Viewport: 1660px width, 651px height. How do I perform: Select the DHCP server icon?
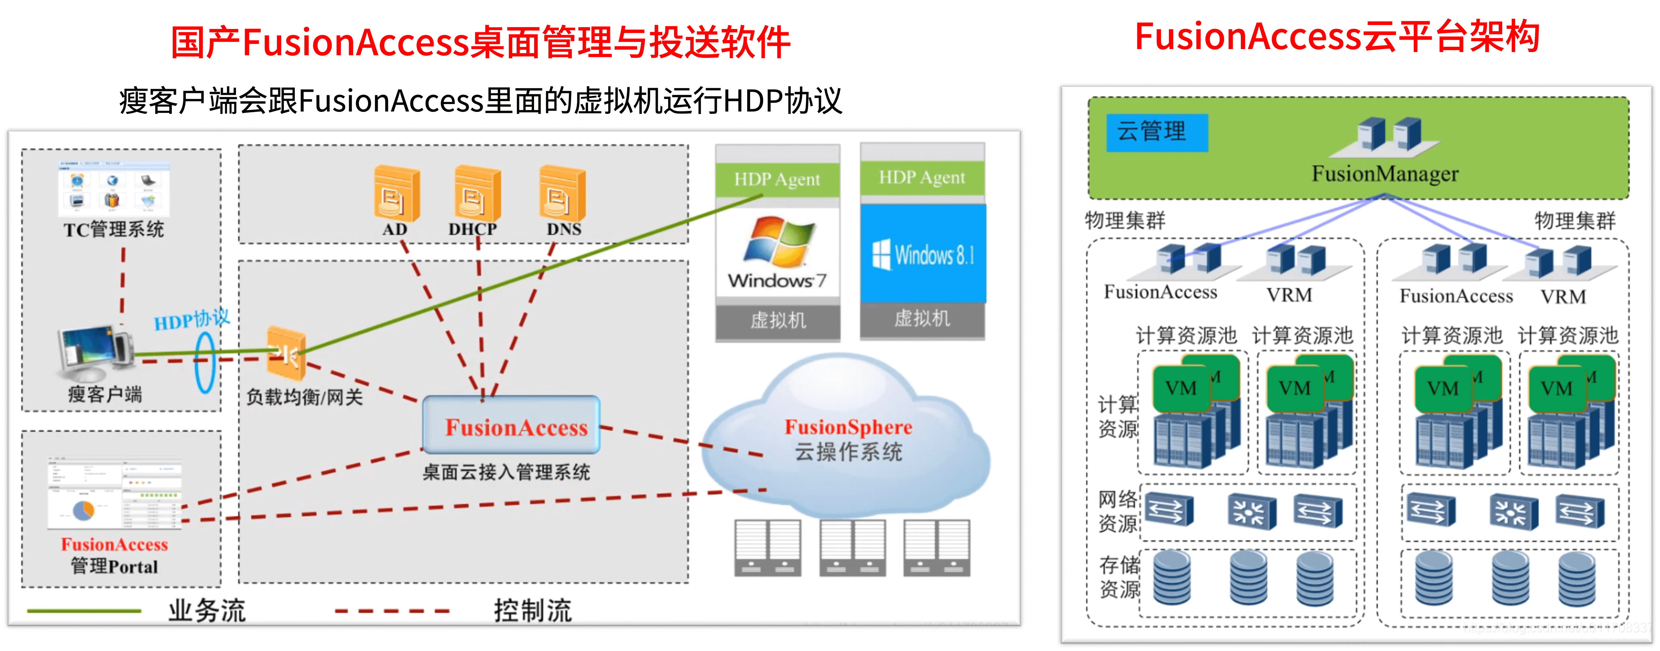(477, 193)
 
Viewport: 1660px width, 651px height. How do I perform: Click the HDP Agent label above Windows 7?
(777, 179)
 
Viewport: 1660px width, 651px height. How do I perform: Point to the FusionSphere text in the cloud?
(848, 427)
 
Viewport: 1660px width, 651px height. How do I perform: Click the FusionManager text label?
(1385, 174)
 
